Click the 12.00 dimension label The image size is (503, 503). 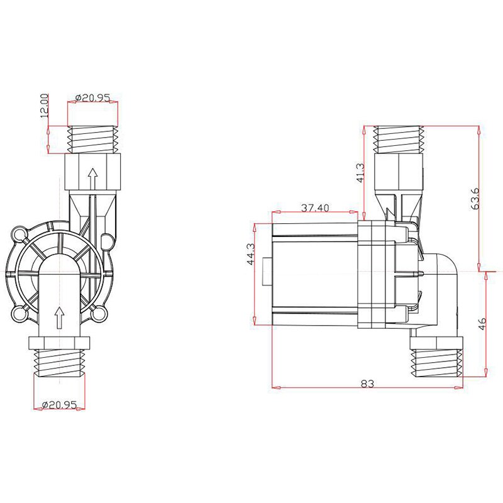45,106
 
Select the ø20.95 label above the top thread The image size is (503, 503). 93,98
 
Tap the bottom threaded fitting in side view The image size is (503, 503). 437,363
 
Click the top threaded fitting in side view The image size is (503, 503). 400,138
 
